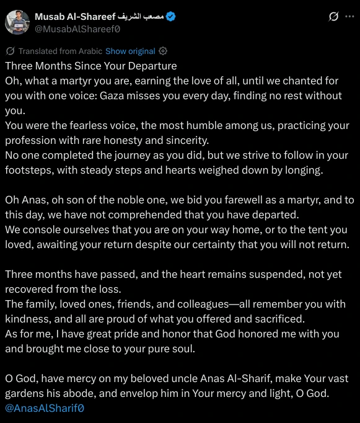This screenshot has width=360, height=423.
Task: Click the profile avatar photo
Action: (x=17, y=22)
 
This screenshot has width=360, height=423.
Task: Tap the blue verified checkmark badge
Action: (x=170, y=17)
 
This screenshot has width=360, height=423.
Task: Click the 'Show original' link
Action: (x=130, y=51)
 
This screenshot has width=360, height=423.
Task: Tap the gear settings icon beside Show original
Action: (x=163, y=51)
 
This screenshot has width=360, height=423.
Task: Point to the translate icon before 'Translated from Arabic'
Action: (x=11, y=51)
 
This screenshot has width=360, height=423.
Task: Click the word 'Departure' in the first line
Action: (x=151, y=66)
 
